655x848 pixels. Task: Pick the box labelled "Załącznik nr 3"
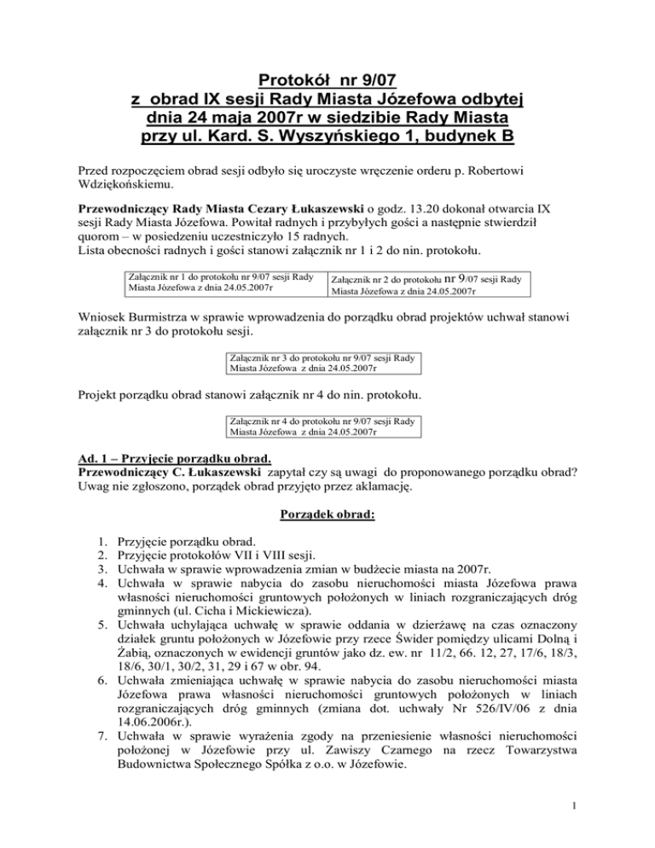[x=323, y=363]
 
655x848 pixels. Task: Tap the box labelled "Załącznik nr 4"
[x=323, y=427]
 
